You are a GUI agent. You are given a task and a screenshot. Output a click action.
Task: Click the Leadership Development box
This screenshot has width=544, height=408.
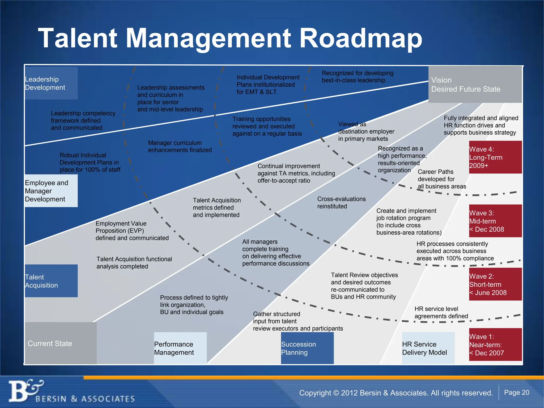pos(51,83)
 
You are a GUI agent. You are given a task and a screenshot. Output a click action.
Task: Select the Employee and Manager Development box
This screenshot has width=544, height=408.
pos(51,191)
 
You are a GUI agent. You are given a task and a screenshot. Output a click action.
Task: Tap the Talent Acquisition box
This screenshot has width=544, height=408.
pos(51,281)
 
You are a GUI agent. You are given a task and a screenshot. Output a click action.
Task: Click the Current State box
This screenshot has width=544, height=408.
pos(61,343)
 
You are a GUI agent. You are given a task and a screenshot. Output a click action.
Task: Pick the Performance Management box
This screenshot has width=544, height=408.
pos(180,348)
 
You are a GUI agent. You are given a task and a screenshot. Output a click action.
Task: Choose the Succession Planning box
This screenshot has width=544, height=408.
pos(307,348)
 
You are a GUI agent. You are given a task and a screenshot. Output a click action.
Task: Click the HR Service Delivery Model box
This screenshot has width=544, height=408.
pos(428,348)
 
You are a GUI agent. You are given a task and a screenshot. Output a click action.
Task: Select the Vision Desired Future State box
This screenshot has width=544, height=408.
pos(475,84)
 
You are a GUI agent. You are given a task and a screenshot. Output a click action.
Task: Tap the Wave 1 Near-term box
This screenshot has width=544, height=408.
pos(495,345)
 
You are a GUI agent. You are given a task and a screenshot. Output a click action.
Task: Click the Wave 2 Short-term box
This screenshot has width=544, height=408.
pos(495,284)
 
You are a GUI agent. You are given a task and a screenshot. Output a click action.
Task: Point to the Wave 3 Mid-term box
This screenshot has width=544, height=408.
pos(495,221)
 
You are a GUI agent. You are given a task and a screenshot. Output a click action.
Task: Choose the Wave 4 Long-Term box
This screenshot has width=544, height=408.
pos(495,157)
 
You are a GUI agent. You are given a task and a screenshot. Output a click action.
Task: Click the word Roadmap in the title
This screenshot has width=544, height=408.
pos(361,39)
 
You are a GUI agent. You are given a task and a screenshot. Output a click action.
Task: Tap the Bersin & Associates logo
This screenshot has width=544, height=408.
pos(72,392)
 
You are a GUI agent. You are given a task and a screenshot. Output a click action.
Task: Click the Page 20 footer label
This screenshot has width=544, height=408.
pos(516,392)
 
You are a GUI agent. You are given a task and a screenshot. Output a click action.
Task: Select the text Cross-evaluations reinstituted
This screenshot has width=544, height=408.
pos(341,202)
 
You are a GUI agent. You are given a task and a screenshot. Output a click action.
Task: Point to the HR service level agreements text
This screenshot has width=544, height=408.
pos(441,312)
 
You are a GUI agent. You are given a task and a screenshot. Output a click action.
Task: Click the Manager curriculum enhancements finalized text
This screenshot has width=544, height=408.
pos(180,146)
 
